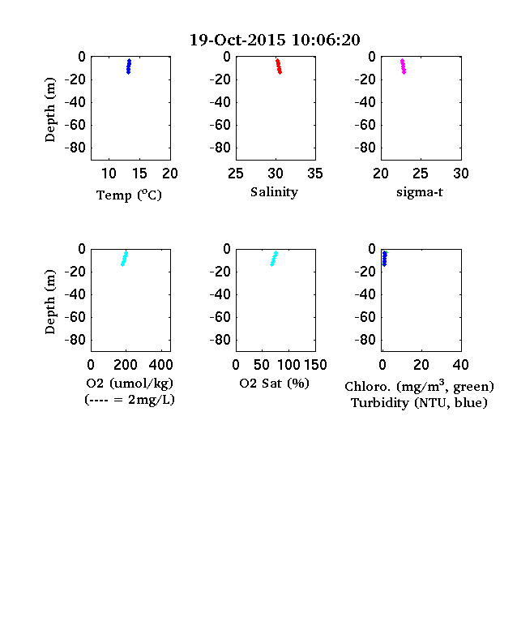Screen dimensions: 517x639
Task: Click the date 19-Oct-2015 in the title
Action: point(237,40)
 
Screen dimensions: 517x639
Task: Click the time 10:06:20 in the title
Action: point(326,40)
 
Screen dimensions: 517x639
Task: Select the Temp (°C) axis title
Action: point(129,195)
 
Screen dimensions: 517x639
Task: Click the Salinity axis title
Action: point(274,192)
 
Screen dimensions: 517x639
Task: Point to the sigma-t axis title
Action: point(419,192)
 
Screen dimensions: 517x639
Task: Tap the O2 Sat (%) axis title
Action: point(274,383)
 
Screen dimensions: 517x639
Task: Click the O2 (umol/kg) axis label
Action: point(130,384)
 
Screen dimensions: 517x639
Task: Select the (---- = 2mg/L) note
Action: point(130,399)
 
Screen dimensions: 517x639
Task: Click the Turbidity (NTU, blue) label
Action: point(419,403)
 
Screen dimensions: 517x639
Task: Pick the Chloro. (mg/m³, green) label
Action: point(419,386)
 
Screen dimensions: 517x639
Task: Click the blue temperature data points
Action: point(129,66)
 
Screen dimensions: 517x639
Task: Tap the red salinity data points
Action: point(279,66)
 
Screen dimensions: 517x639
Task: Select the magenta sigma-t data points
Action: point(403,66)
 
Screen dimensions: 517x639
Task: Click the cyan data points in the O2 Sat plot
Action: point(274,259)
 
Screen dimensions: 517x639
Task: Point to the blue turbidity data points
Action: point(384,259)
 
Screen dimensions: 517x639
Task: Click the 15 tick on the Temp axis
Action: point(139,174)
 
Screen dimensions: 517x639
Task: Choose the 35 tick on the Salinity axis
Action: point(315,174)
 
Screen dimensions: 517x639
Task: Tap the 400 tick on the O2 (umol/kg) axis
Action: point(160,365)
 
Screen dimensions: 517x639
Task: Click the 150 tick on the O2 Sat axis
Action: point(315,365)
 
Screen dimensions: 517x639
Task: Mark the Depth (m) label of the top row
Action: point(49,109)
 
